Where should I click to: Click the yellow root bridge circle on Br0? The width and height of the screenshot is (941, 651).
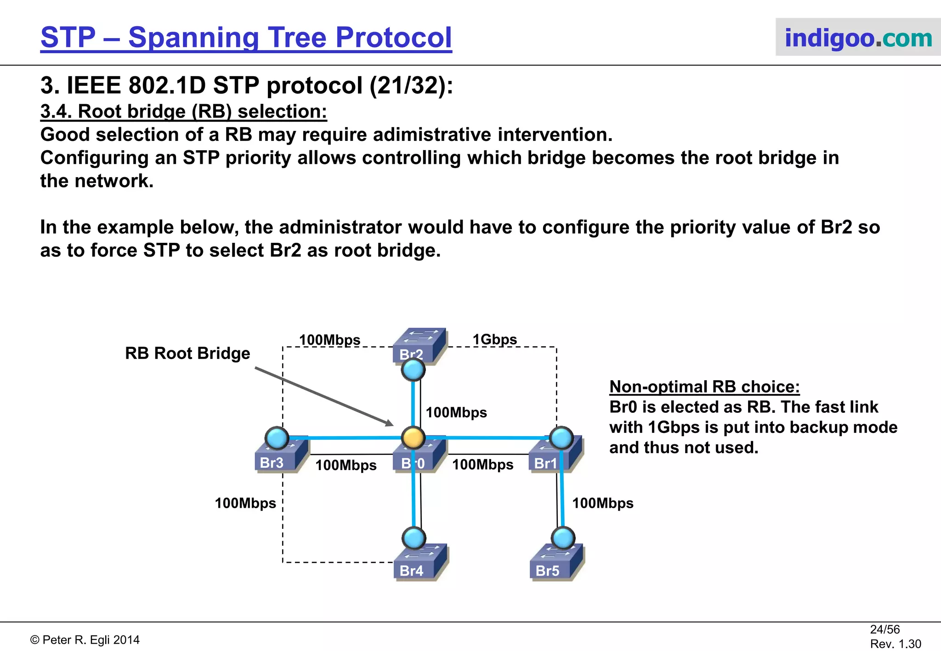click(x=413, y=438)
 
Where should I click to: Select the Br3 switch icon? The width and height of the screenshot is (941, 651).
click(x=281, y=456)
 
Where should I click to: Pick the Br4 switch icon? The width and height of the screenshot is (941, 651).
click(x=420, y=563)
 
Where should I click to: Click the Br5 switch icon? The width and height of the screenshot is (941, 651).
click(x=556, y=563)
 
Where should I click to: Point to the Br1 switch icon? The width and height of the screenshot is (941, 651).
click(x=555, y=456)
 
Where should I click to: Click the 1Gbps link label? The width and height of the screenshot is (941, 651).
click(x=494, y=339)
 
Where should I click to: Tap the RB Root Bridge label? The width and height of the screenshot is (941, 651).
click(x=187, y=353)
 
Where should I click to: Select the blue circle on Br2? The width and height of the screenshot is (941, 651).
click(x=413, y=370)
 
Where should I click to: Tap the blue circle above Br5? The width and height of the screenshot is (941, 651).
click(x=563, y=538)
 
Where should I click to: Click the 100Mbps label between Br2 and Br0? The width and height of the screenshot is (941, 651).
click(x=456, y=412)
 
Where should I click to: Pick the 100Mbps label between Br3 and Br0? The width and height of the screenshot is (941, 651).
click(x=346, y=465)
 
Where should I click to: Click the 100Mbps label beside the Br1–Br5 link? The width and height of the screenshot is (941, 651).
click(x=602, y=503)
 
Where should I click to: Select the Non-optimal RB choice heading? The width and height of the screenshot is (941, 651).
click(x=704, y=387)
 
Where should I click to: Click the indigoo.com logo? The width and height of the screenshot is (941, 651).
click(x=858, y=37)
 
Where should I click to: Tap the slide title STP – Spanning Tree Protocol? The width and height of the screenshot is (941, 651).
click(x=246, y=37)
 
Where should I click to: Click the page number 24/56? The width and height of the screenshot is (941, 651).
click(x=884, y=629)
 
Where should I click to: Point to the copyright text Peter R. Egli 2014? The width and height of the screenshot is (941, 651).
click(x=85, y=640)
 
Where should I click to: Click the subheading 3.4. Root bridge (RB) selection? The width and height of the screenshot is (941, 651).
click(x=184, y=112)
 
